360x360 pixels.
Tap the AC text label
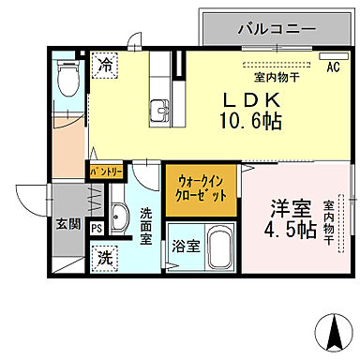point(333,67)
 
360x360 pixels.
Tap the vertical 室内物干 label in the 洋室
point(330,223)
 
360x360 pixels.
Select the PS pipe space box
point(97,226)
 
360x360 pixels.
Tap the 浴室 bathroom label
point(184,247)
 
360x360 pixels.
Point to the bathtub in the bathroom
point(219,247)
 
